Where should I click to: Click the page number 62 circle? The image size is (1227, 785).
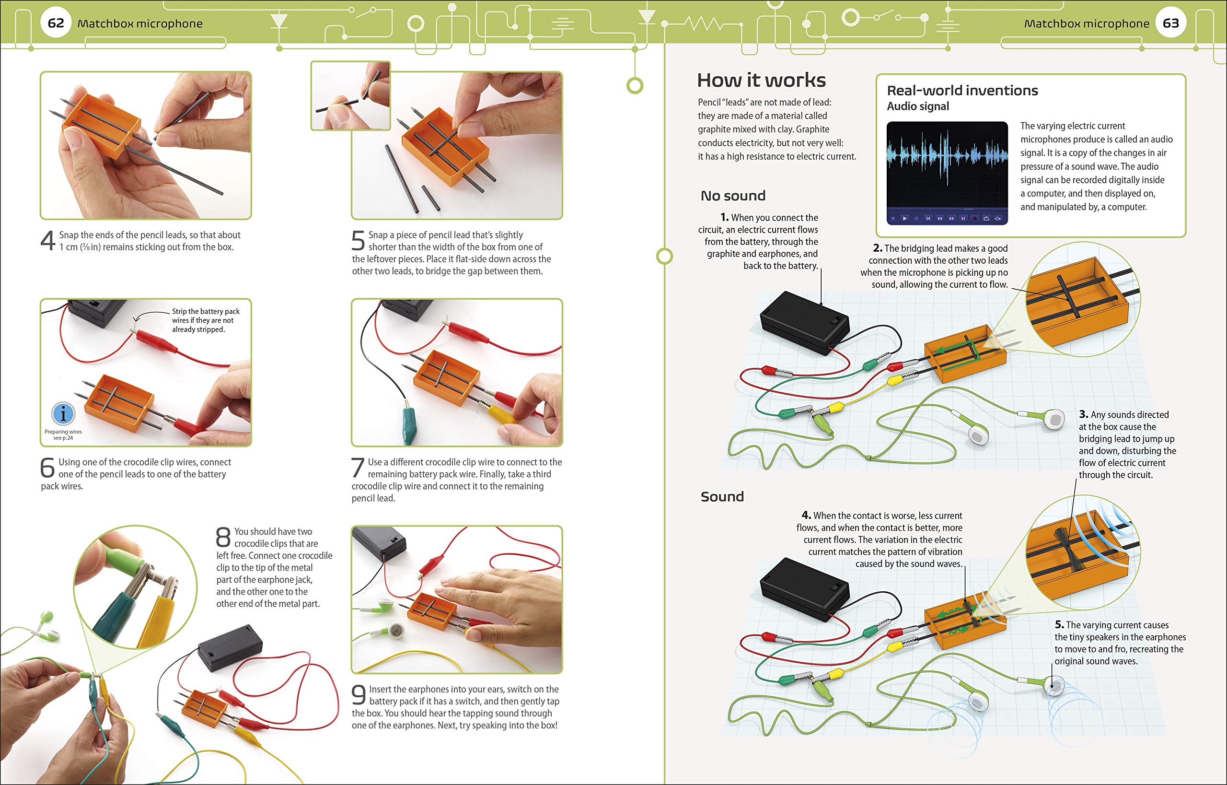click(x=56, y=23)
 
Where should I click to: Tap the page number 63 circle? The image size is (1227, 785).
click(x=1170, y=23)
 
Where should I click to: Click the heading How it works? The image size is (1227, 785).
click(x=761, y=80)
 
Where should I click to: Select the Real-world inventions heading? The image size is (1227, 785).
click(x=962, y=90)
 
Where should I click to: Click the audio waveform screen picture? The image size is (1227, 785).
click(x=947, y=172)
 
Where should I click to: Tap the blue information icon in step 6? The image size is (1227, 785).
click(x=63, y=413)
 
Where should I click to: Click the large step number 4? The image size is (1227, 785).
click(x=48, y=241)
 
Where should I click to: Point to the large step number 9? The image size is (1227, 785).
click(x=359, y=695)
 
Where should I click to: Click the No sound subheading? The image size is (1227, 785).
click(x=733, y=196)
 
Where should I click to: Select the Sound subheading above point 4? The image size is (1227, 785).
click(x=722, y=496)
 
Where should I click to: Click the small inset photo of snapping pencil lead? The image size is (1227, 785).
click(x=350, y=96)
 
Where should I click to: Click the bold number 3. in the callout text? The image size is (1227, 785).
click(x=1084, y=414)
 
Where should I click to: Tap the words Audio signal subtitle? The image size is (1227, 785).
click(x=918, y=106)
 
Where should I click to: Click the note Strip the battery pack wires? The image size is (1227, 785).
click(x=205, y=320)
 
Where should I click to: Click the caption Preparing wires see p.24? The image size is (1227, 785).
click(x=63, y=434)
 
